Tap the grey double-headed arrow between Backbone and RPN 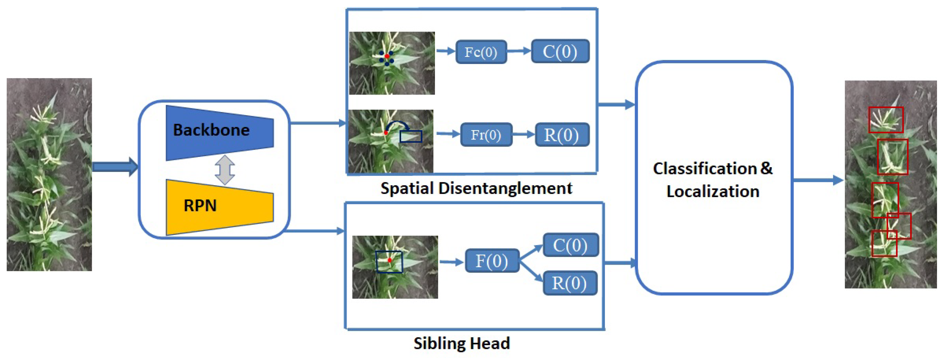[x=225, y=170]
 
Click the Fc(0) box [x=481, y=52]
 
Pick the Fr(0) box [x=486, y=135]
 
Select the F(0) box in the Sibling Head [x=492, y=261]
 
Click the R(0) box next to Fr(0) [x=562, y=135]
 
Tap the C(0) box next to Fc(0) [x=560, y=51]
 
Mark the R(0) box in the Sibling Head [x=569, y=283]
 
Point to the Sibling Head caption [x=462, y=343]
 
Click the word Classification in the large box [x=705, y=169]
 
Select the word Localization [x=713, y=192]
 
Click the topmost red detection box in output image [x=885, y=120]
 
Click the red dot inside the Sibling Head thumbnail [x=389, y=260]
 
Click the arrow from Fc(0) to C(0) [x=519, y=51]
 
